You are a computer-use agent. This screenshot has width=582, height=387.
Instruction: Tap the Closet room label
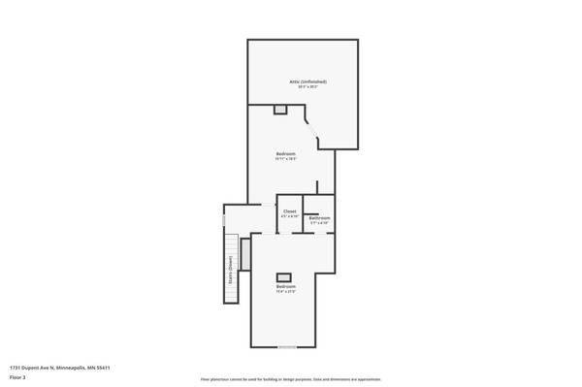click(289, 210)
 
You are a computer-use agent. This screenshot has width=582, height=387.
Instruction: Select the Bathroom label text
click(320, 217)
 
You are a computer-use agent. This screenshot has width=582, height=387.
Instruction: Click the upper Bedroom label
click(285, 154)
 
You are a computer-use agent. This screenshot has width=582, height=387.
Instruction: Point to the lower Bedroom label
click(285, 286)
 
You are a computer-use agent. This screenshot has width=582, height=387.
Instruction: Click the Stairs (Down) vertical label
click(230, 266)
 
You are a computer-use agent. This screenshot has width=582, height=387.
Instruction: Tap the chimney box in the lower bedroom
click(285, 277)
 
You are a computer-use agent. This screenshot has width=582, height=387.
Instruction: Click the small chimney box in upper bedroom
click(280, 110)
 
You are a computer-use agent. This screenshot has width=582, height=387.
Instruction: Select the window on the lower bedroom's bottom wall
click(287, 346)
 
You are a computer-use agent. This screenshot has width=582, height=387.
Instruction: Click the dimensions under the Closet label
click(289, 216)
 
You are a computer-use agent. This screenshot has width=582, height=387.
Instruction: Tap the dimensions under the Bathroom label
click(320, 223)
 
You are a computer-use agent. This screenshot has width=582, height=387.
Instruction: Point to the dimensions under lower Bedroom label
click(285, 292)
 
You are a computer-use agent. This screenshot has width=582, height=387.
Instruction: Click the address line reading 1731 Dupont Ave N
click(59, 368)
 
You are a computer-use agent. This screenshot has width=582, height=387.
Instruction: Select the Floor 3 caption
click(17, 377)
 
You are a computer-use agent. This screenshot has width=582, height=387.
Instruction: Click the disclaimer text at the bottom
click(290, 378)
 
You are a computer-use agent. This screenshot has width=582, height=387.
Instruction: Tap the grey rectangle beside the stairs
click(245, 254)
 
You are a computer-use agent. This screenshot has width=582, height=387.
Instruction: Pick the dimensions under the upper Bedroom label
click(285, 160)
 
